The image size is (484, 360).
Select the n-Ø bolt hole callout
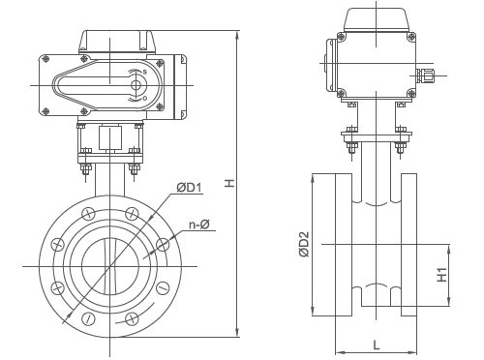click(200, 225)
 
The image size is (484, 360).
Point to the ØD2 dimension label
click(304, 243)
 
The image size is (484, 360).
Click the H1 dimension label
click(441, 276)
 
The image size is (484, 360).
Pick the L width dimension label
click(376, 342)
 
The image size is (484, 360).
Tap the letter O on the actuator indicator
click(143, 98)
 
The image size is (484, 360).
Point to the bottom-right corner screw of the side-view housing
click(410, 93)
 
